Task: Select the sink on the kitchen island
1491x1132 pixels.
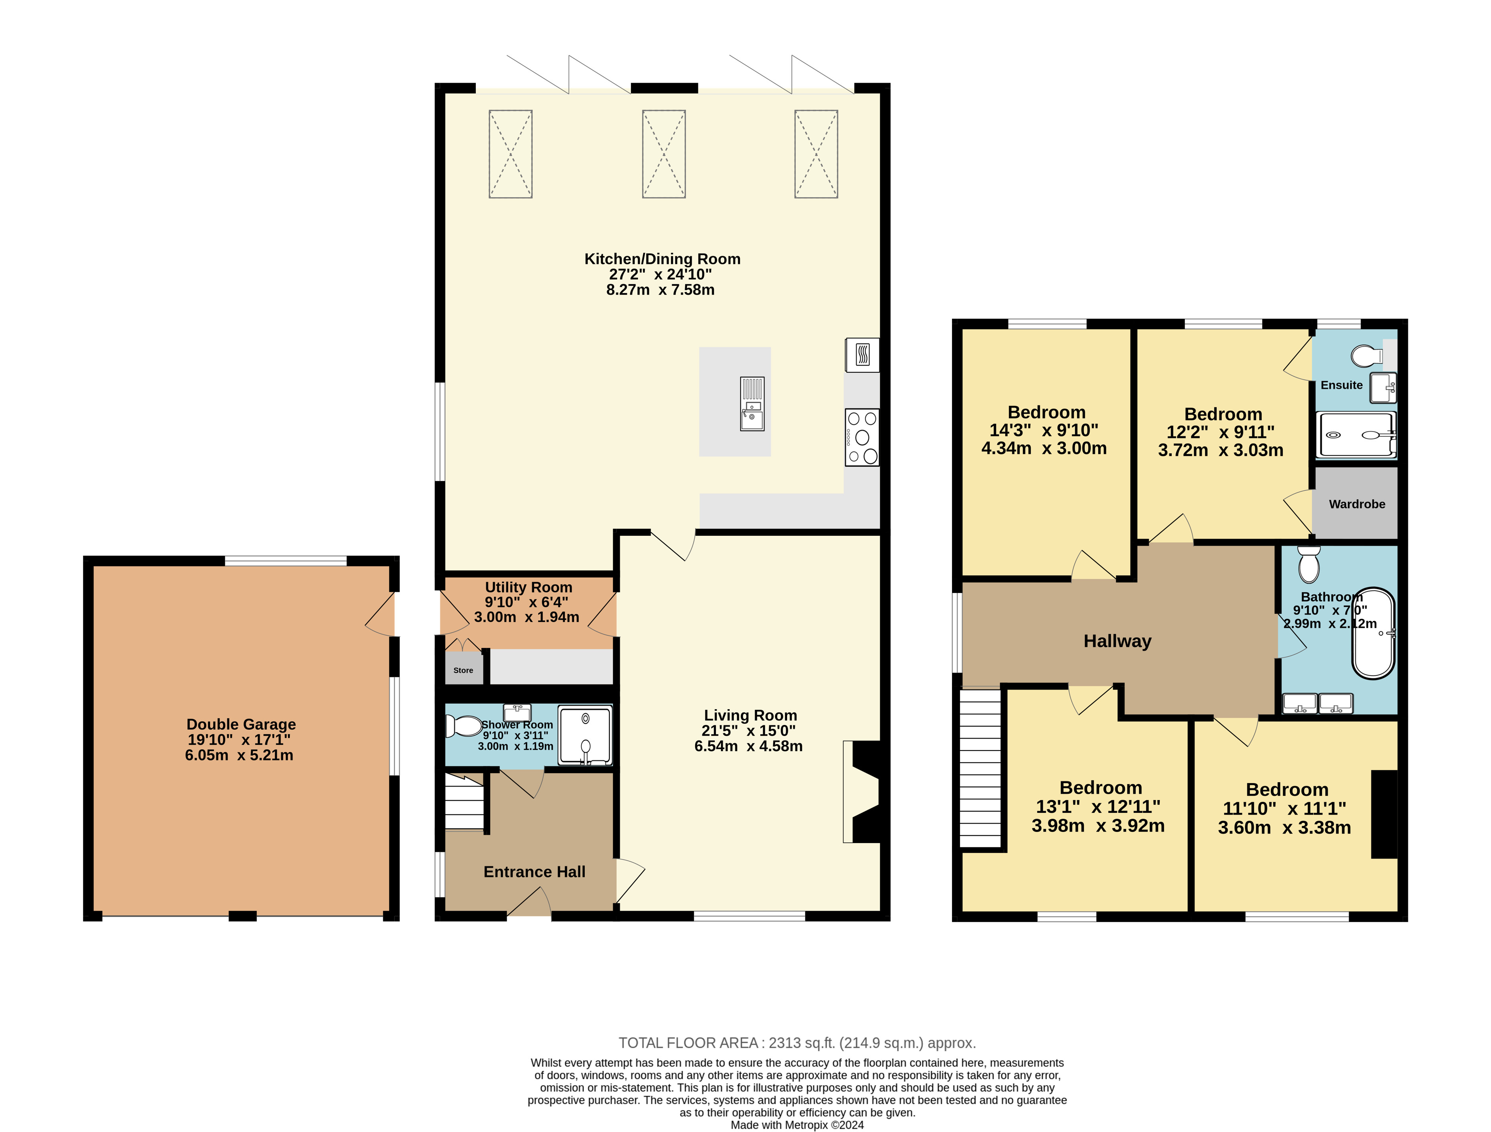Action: tap(752, 404)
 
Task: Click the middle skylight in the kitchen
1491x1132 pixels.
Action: tap(664, 154)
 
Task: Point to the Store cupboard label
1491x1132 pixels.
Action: tap(463, 670)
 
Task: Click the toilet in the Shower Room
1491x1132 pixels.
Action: tap(463, 726)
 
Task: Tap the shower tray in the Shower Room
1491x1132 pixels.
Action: tap(585, 735)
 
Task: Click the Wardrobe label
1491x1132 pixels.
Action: tap(1357, 504)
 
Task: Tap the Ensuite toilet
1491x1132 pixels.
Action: tap(1367, 355)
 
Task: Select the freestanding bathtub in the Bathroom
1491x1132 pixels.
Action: tap(1373, 634)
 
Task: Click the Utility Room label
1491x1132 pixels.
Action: tap(528, 587)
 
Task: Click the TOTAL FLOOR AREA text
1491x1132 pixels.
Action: tap(797, 1043)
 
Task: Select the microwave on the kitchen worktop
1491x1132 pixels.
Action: tap(862, 355)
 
